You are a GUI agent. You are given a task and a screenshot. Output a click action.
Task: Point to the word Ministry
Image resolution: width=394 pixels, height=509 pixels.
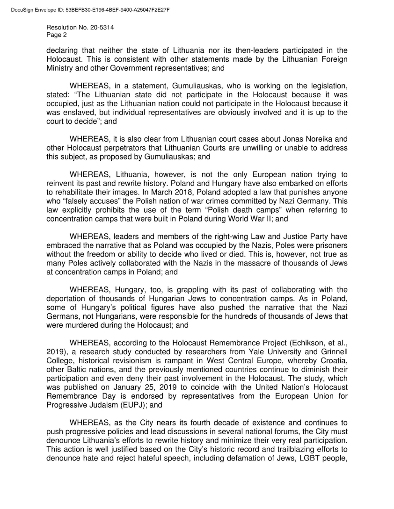(60, 68)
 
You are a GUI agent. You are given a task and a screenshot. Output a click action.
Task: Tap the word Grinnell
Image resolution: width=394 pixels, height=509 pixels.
(334, 351)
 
